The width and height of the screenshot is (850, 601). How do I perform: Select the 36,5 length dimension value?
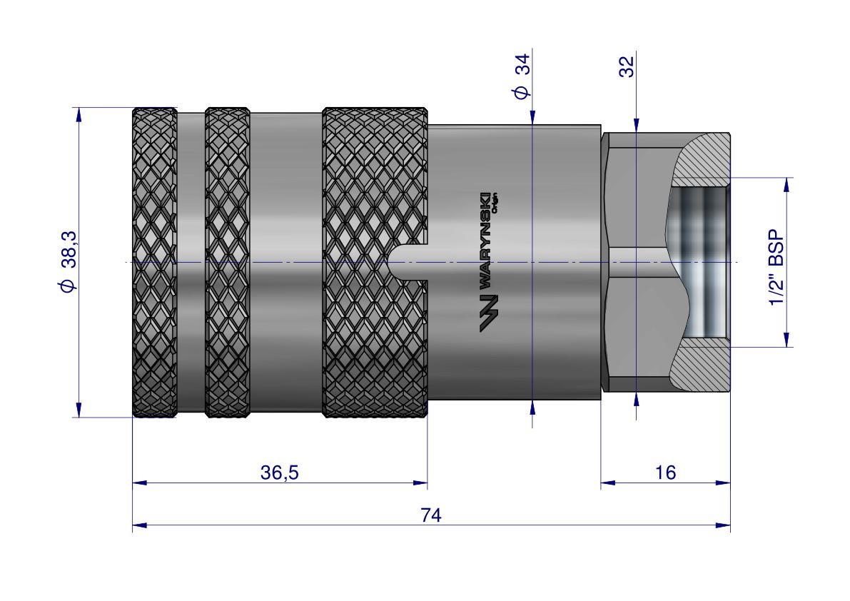click(279, 473)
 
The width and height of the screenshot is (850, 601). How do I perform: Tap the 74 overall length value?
click(431, 515)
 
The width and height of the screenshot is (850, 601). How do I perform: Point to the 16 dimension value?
click(664, 473)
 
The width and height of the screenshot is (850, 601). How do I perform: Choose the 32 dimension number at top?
click(626, 68)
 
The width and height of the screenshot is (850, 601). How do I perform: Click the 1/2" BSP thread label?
click(776, 268)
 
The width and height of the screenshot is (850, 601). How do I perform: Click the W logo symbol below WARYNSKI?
click(488, 313)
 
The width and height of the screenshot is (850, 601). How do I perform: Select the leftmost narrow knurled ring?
click(155, 262)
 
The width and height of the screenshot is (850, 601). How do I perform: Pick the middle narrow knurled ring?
click(227, 262)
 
